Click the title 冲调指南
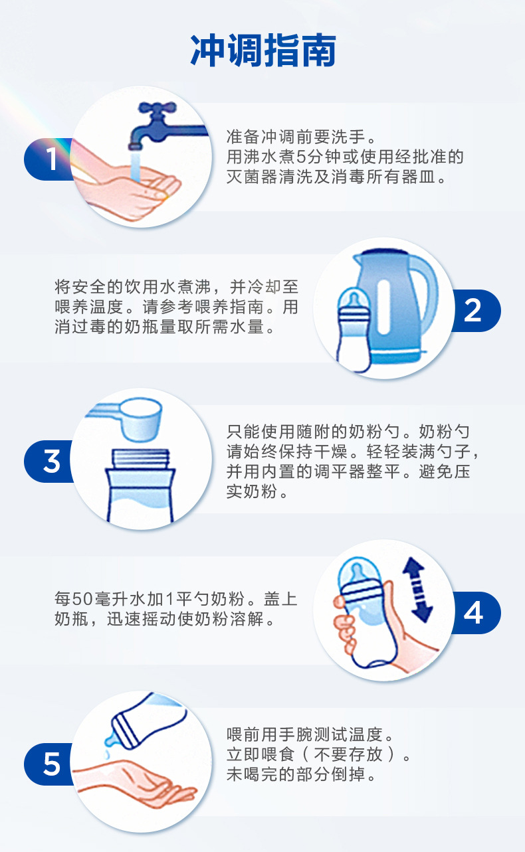click(x=262, y=50)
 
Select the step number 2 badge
click(x=472, y=310)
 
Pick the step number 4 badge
click(x=472, y=612)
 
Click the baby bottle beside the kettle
click(x=356, y=329)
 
